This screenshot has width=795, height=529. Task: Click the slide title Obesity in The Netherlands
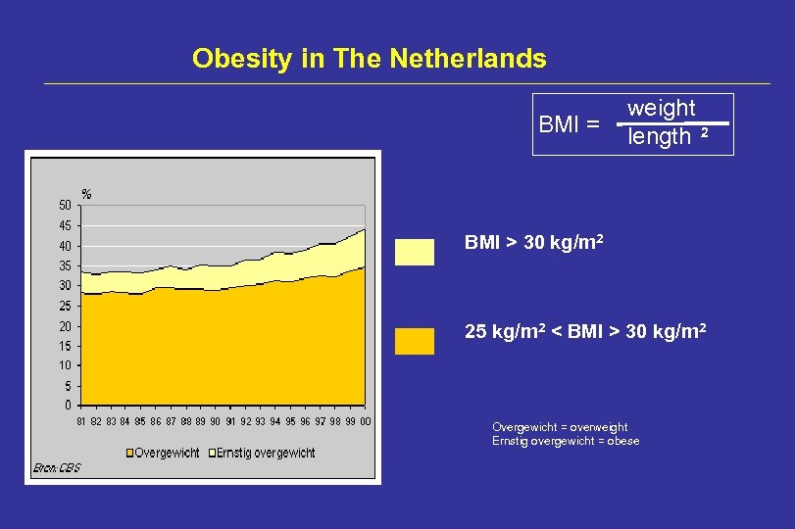pyautogui.click(x=369, y=59)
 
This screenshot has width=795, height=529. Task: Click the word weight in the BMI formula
pyautogui.click(x=661, y=108)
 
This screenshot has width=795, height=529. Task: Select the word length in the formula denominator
pyautogui.click(x=660, y=137)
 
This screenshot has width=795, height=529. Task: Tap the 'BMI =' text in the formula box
pyautogui.click(x=570, y=124)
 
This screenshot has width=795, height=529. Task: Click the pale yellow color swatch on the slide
pyautogui.click(x=414, y=252)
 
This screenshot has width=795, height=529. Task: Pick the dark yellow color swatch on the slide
pyautogui.click(x=414, y=341)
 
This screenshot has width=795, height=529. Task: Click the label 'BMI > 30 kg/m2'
pyautogui.click(x=533, y=242)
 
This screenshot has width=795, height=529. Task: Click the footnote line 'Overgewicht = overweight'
pyautogui.click(x=559, y=427)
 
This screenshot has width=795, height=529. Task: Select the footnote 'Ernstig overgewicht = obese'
pyautogui.click(x=565, y=441)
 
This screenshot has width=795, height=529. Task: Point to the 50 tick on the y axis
pyautogui.click(x=64, y=205)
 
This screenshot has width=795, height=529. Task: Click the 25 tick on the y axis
pyautogui.click(x=64, y=306)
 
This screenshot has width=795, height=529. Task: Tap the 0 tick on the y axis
pyautogui.click(x=67, y=405)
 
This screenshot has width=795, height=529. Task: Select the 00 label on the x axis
pyautogui.click(x=365, y=421)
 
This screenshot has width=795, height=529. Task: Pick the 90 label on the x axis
pyautogui.click(x=215, y=421)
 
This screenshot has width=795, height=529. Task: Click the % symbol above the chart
pyautogui.click(x=86, y=194)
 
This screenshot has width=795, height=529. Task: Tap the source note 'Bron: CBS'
pyautogui.click(x=57, y=468)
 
